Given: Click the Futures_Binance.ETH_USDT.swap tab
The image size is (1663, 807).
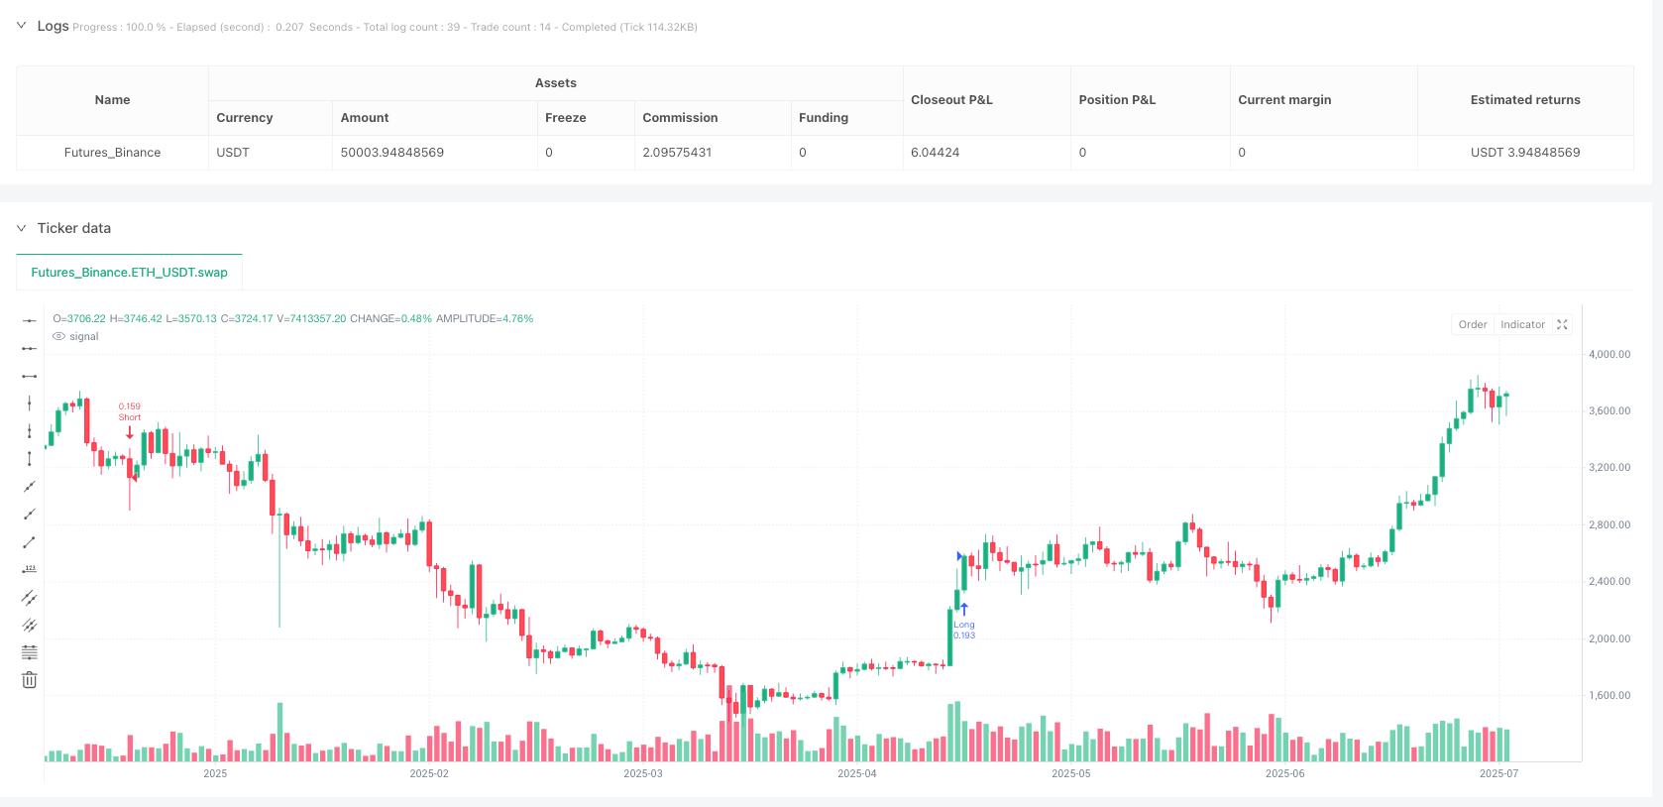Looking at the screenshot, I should pyautogui.click(x=129, y=273).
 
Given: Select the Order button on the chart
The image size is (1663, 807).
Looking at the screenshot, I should pyautogui.click(x=1472, y=325).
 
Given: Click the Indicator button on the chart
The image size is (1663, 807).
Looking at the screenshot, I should pyautogui.click(x=1522, y=325).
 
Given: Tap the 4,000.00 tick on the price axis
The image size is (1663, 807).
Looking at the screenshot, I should pyautogui.click(x=1608, y=354).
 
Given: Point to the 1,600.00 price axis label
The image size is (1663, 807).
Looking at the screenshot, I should pyautogui.click(x=1608, y=696).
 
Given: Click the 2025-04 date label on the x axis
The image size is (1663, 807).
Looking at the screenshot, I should pyautogui.click(x=856, y=773).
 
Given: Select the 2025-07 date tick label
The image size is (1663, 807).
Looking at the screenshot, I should pyautogui.click(x=1497, y=773).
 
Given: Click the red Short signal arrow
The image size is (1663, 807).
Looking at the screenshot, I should pyautogui.click(x=130, y=432).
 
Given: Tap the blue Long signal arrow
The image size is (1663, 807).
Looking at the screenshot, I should pyautogui.click(x=963, y=609).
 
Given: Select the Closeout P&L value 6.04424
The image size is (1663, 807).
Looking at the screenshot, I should pyautogui.click(x=935, y=153).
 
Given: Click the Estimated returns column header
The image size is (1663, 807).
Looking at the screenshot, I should pyautogui.click(x=1524, y=100).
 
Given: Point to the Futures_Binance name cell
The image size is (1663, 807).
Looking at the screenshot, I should pyautogui.click(x=112, y=153).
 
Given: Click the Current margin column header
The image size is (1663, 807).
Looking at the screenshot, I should pyautogui.click(x=1284, y=100).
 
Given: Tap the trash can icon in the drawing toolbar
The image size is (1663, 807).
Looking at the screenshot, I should pyautogui.click(x=30, y=680).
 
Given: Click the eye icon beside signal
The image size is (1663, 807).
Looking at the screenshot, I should pyautogui.click(x=59, y=337).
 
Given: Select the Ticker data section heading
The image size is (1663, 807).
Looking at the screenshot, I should pyautogui.click(x=74, y=228).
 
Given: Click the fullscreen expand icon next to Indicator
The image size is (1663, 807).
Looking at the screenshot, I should pyautogui.click(x=1562, y=325).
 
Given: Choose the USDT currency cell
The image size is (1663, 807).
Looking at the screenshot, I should pyautogui.click(x=233, y=153).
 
